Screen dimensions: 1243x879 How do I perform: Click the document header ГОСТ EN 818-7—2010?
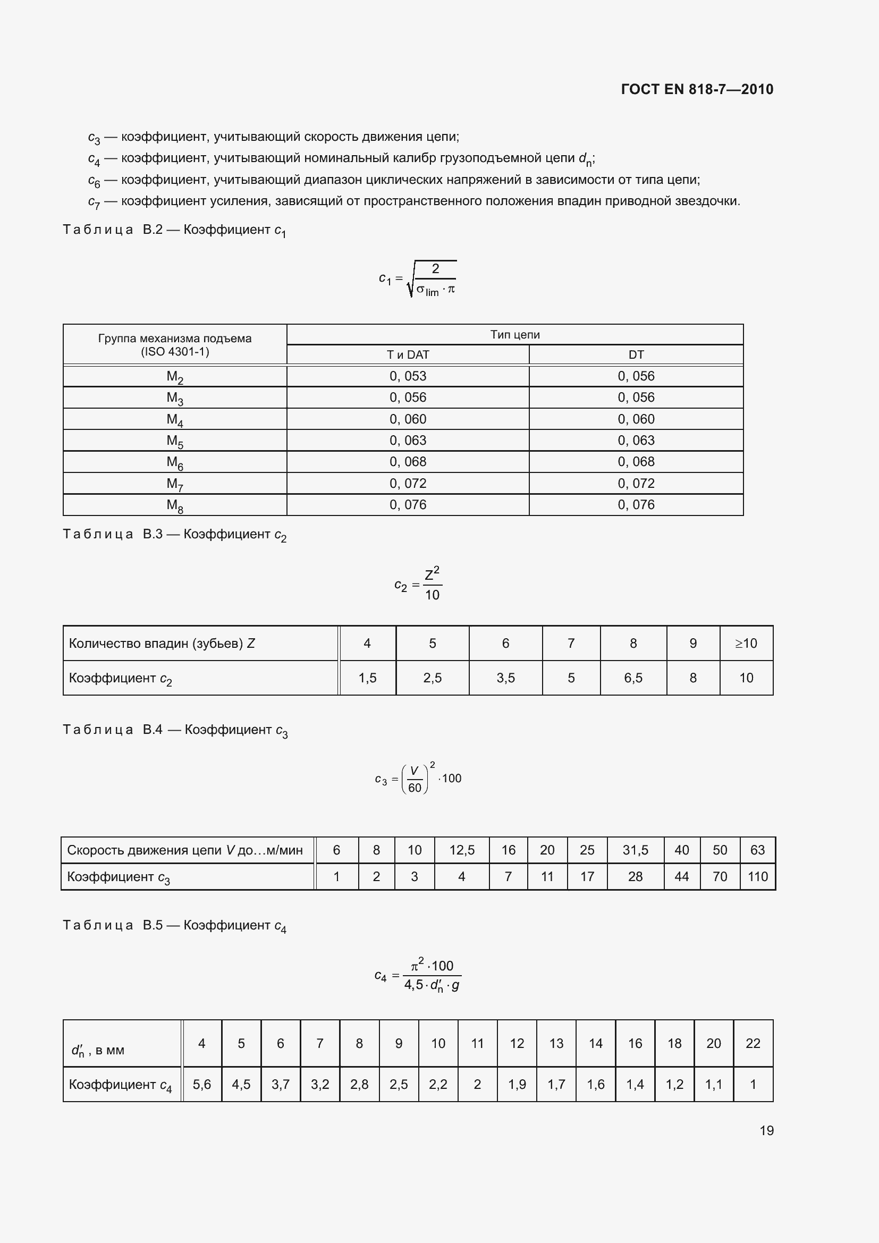coord(697,89)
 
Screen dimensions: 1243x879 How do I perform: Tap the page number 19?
coord(766,1130)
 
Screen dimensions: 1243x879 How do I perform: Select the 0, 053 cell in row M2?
coord(408,376)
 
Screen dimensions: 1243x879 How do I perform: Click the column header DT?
coord(636,354)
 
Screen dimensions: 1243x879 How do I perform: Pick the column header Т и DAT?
coord(408,354)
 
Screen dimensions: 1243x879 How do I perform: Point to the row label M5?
coord(175,441)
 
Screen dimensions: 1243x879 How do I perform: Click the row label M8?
coord(175,505)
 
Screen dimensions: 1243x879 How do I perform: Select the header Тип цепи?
coord(515,335)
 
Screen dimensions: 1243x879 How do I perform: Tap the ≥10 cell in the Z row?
coord(746,643)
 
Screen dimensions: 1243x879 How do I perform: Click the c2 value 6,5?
coord(633,678)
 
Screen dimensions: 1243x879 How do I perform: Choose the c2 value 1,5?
coord(367,678)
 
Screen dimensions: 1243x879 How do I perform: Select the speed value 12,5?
coord(462,850)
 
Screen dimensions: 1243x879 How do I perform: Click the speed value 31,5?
coord(635,850)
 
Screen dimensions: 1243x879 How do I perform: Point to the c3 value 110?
coord(757,876)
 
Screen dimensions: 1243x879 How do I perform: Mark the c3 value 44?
coord(681,876)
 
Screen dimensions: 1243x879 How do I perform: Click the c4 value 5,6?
coord(202,1085)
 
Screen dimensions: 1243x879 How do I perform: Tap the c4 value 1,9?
coord(517,1085)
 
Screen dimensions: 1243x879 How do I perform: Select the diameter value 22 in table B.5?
coord(753,1043)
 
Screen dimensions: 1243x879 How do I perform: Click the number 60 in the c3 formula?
coord(415,788)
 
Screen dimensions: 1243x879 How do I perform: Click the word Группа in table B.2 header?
coord(117,339)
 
